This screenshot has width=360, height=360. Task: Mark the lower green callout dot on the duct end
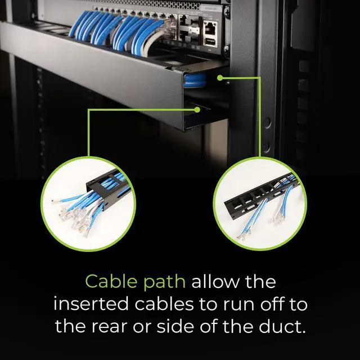point(198,111)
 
